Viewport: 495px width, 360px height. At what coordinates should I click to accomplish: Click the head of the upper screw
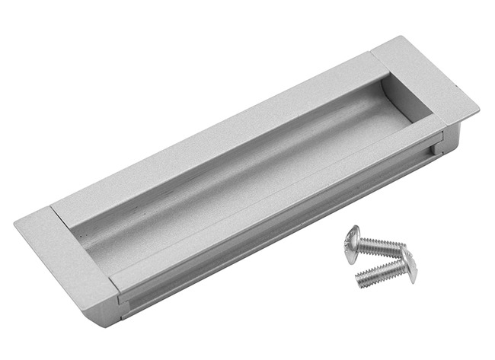(352, 243)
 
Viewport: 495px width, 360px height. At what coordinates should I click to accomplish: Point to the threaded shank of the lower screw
(381, 272)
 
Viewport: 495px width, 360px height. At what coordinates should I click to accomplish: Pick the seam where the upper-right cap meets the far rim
(371, 55)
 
